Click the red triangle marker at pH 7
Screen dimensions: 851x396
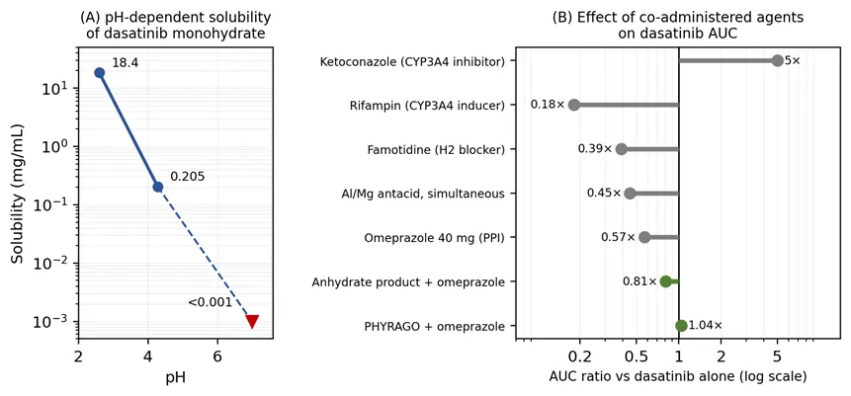tap(252, 321)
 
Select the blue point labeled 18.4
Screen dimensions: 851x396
tap(99, 73)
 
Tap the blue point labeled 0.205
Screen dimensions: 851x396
tap(158, 188)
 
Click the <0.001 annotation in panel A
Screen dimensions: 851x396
tap(211, 302)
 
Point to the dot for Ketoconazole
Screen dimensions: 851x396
tap(777, 60)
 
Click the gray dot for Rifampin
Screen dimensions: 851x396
tap(574, 105)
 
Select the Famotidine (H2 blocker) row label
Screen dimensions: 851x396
tap(440, 149)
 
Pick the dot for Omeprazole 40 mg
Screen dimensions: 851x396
tap(644, 237)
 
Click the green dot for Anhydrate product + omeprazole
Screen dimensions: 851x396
tap(666, 281)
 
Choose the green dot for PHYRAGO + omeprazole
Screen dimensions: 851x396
tap(681, 326)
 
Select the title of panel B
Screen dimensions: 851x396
tap(678, 25)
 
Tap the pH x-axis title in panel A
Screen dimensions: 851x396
tap(175, 377)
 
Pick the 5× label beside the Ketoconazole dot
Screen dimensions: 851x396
tap(793, 60)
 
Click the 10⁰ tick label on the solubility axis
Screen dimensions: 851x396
tap(60, 146)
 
